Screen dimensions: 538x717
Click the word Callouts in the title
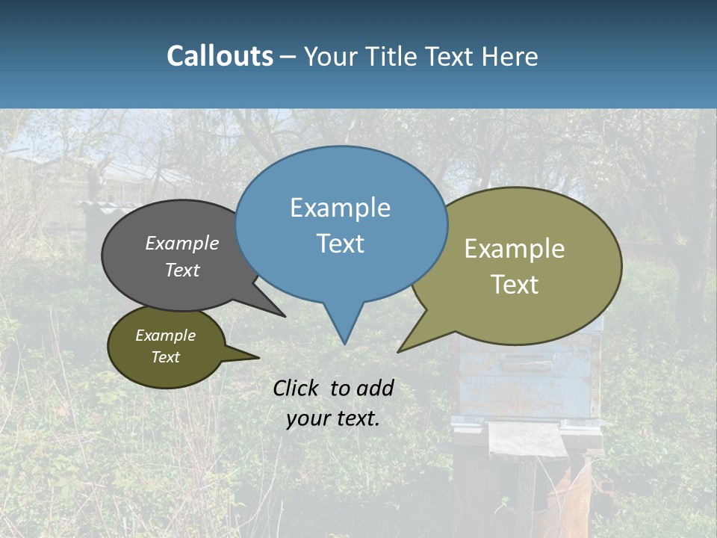click(220, 56)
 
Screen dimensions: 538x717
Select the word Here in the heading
click(509, 56)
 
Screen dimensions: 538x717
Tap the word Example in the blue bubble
click(340, 208)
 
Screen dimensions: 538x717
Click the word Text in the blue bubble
click(340, 244)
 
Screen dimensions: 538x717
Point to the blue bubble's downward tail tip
click(344, 342)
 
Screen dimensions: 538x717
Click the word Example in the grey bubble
click(181, 244)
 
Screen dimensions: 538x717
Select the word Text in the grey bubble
click(181, 270)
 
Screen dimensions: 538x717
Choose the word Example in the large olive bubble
click(515, 249)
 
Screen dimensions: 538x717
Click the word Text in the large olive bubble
click(515, 285)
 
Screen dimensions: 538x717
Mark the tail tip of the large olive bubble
click(399, 351)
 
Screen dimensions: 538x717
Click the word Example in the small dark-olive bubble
click(165, 336)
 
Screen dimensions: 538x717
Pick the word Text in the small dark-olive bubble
click(165, 357)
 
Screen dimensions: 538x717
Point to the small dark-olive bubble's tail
click(256, 357)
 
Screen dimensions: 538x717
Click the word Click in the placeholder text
click(297, 388)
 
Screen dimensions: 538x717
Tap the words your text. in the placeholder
click(332, 418)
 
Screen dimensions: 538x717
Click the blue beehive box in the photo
click(527, 381)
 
